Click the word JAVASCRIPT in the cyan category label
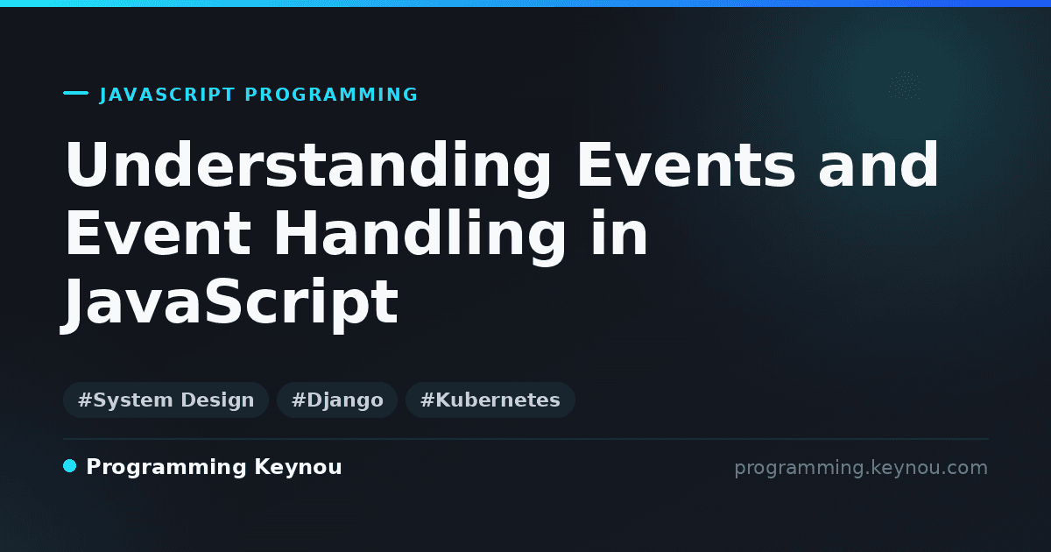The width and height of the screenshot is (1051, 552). [x=167, y=95]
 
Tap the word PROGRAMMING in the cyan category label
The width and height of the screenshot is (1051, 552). [x=331, y=95]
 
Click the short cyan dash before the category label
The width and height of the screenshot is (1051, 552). [x=75, y=93]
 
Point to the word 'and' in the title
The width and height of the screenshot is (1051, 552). [x=878, y=165]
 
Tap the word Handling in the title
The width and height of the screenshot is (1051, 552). [x=420, y=237]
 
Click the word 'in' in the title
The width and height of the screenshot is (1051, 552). [x=618, y=232]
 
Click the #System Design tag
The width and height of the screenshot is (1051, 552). [x=166, y=400]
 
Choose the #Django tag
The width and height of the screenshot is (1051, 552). [x=337, y=400]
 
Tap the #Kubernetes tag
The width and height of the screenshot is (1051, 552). [x=490, y=400]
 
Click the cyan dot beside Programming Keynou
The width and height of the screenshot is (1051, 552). [x=70, y=466]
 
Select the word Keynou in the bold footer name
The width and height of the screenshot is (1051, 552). [x=298, y=468]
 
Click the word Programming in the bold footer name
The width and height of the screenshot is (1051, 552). [x=166, y=468]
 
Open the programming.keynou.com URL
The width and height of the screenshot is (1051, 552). [x=861, y=468]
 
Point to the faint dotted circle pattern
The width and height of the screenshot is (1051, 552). [x=905, y=86]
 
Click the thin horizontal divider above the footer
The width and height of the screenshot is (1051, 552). [x=526, y=439]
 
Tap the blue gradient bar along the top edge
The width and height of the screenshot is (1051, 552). [x=525, y=4]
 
